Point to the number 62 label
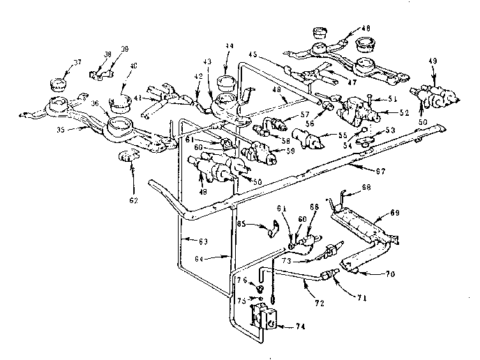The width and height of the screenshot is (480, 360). (133, 200)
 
